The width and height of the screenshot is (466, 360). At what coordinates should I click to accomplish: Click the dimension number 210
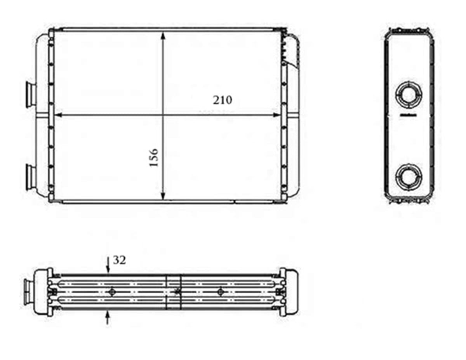click(223, 100)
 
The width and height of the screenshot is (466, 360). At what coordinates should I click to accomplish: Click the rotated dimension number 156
click(154, 157)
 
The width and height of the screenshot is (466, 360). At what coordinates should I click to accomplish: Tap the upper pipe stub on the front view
click(30, 94)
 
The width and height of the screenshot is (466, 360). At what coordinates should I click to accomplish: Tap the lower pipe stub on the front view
click(30, 177)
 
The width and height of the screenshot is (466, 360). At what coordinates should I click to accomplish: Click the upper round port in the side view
click(409, 93)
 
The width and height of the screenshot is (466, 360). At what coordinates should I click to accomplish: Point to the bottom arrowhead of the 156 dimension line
click(163, 196)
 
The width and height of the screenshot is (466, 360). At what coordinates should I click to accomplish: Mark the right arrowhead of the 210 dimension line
click(276, 115)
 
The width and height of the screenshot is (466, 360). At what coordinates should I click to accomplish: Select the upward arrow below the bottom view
click(108, 318)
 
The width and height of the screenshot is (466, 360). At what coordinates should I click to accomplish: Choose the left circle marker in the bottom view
click(113, 292)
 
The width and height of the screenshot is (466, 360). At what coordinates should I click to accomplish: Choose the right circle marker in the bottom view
click(221, 292)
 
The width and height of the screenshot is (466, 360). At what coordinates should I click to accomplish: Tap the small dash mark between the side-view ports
click(408, 115)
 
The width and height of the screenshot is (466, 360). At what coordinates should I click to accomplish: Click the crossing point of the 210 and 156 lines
click(163, 115)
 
